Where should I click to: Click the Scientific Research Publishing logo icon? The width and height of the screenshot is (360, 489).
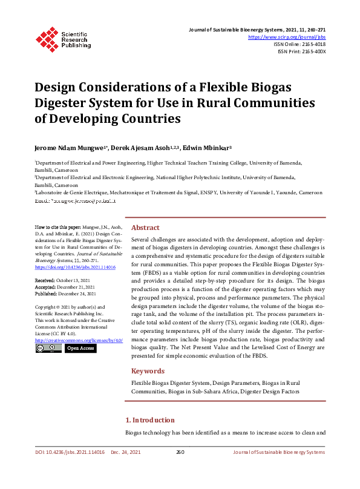48,38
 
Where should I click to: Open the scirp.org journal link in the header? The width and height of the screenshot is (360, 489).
287,37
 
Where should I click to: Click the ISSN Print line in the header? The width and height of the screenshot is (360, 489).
301,51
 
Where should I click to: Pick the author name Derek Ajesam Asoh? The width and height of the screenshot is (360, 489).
144,148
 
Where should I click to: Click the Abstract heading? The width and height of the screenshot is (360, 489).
145,228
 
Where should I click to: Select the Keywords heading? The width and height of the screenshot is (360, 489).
148,371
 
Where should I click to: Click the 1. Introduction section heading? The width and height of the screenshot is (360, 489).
150,420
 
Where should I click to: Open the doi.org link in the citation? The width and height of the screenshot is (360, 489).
75,266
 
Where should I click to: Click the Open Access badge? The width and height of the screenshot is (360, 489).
80,349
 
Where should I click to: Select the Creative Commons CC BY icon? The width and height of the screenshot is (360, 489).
48,349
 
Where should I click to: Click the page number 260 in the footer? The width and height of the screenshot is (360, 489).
180,452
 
